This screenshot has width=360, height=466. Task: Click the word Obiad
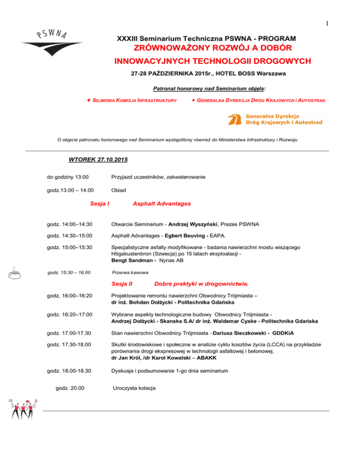[119, 190]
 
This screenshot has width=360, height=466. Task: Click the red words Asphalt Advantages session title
[162, 203]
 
